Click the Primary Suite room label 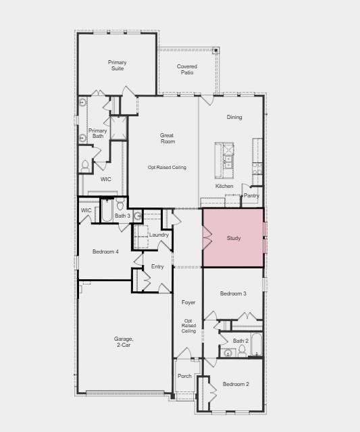(118, 66)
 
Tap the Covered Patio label (187, 69)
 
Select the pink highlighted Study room (233, 237)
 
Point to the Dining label (234, 117)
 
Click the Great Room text (168, 138)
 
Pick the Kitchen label (224, 186)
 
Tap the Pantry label (251, 195)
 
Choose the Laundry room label (159, 235)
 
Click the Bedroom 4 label (105, 251)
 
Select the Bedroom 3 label (233, 293)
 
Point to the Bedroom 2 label (236, 384)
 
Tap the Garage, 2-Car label (124, 341)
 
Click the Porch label (184, 376)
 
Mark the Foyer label (188, 302)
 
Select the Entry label (157, 266)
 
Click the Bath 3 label (122, 215)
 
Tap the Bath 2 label (240, 341)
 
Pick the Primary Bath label (98, 133)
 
